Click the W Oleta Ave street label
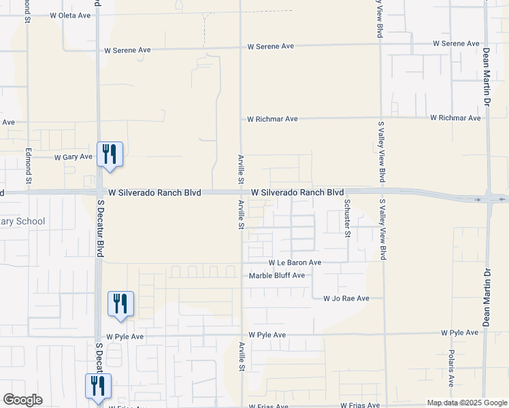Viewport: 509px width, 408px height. [70, 15]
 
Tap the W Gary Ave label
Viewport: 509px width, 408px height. [73, 156]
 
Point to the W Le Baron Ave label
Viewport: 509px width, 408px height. [295, 262]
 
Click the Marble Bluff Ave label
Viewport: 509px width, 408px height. [276, 275]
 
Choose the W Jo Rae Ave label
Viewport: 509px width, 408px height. [346, 299]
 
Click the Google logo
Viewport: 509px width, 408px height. [22, 400]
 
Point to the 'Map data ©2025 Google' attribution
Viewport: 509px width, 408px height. [467, 403]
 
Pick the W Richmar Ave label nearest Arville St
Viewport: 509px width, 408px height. [272, 119]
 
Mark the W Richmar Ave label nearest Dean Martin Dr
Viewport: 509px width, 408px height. [455, 118]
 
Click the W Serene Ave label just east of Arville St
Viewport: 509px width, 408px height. [270, 46]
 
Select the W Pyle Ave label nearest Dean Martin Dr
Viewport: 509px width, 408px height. [459, 333]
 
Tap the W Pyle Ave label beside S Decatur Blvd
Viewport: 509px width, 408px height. [125, 337]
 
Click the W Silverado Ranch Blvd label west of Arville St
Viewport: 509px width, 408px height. [154, 193]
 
